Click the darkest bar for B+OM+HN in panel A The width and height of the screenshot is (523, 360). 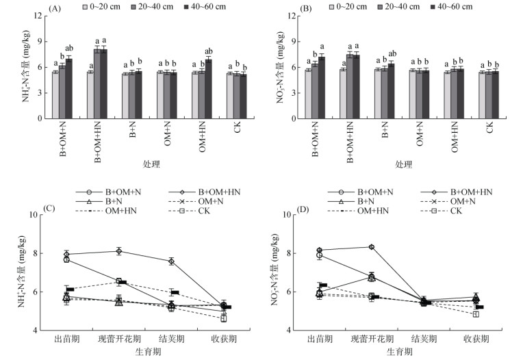(x=104, y=84)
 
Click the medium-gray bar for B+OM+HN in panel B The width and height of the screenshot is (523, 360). (x=350, y=86)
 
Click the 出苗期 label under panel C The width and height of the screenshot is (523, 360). (x=67, y=339)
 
